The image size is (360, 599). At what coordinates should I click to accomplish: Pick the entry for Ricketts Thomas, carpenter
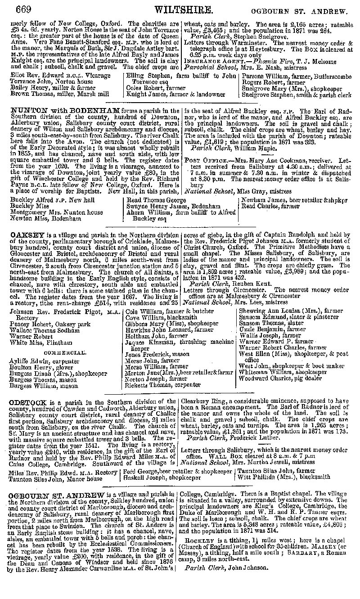[163, 385]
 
